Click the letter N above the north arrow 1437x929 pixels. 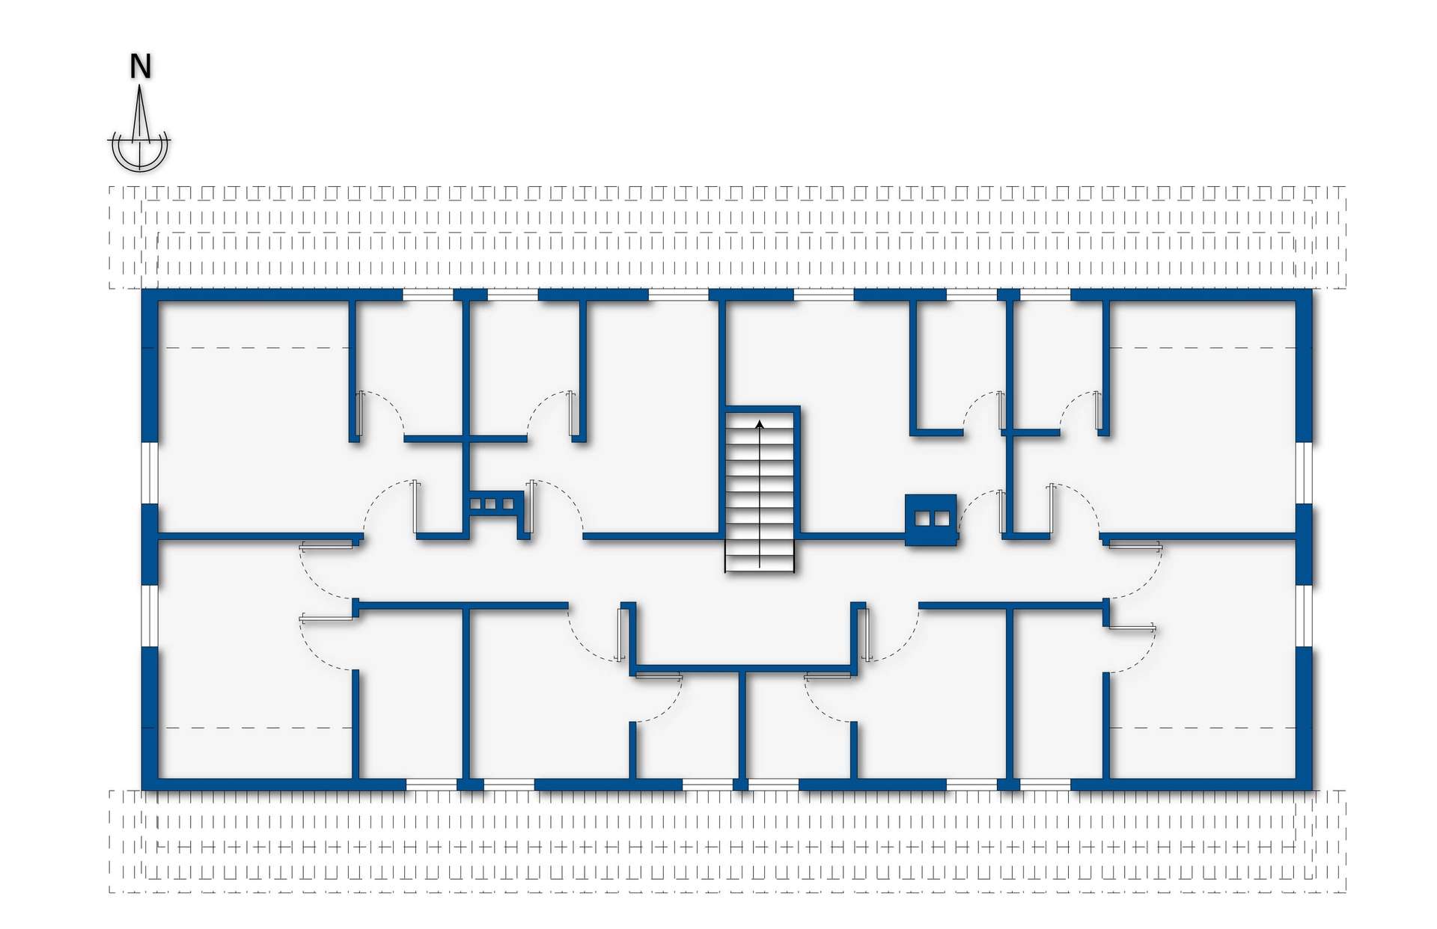tap(141, 67)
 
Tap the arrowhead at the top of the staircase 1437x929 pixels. tap(760, 424)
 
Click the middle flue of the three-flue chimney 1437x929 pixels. tap(492, 504)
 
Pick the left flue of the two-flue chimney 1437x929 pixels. tap(924, 518)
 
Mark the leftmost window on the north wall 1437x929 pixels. tap(428, 295)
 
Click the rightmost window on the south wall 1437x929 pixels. tap(1046, 784)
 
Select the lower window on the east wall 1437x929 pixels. tap(1305, 615)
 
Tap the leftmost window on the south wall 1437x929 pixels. tap(431, 784)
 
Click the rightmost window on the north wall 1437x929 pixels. tap(1046, 295)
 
